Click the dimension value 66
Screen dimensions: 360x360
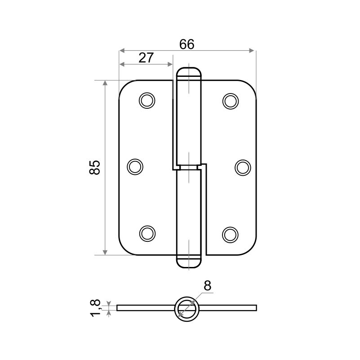click(187, 44)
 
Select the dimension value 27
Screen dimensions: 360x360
click(146, 58)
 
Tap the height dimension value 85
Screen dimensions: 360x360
click(95, 168)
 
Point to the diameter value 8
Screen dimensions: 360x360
click(207, 286)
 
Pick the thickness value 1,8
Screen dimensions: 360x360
click(95, 308)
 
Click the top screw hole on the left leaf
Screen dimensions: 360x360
click(147, 101)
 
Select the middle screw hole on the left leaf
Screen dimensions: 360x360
click(135, 167)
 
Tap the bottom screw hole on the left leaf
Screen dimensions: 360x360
click(147, 234)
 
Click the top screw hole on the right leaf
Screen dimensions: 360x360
click(231, 101)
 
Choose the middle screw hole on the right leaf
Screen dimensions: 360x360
click(243, 168)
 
